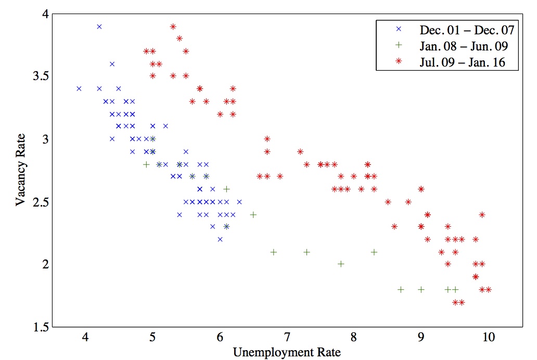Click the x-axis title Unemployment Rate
pyautogui.click(x=287, y=353)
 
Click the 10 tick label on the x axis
pyautogui.click(x=489, y=337)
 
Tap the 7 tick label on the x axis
pyautogui.click(x=287, y=337)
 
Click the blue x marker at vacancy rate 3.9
pyautogui.click(x=99, y=27)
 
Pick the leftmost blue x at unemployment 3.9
pyautogui.click(x=79, y=89)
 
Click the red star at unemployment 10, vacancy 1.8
pyautogui.click(x=488, y=289)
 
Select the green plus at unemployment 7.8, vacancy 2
pyautogui.click(x=341, y=264)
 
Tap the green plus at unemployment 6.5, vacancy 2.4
pyautogui.click(x=253, y=214)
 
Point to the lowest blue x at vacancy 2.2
pyautogui.click(x=220, y=239)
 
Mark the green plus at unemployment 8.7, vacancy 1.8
pyautogui.click(x=401, y=289)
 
